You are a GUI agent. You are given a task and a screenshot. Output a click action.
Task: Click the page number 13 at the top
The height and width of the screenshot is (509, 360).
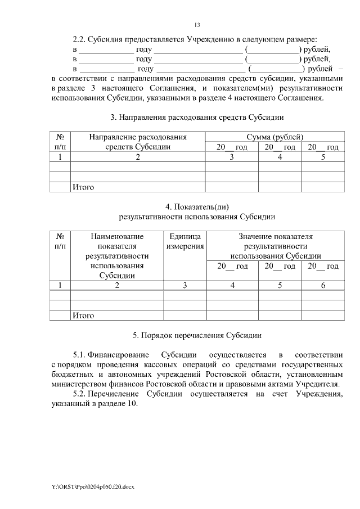click(197, 25)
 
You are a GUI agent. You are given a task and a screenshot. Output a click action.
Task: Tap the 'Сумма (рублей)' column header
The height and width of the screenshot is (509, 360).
click(275, 137)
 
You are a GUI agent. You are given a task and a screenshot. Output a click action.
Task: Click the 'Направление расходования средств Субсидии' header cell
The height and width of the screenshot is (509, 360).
click(137, 142)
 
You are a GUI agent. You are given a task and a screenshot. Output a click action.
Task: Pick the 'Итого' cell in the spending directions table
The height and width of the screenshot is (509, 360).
click(83, 187)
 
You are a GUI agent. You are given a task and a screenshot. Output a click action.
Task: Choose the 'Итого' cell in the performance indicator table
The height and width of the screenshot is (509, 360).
click(83, 316)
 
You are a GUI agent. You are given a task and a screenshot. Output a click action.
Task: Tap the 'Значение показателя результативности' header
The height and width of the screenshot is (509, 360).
click(275, 246)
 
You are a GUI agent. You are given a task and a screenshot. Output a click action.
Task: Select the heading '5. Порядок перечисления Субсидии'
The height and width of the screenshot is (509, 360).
click(197, 336)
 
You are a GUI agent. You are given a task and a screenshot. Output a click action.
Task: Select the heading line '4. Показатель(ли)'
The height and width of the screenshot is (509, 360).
click(197, 206)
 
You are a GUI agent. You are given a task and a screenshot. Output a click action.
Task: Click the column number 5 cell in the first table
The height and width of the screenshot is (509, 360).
click(323, 157)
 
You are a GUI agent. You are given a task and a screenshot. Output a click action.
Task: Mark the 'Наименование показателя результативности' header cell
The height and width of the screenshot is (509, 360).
click(117, 256)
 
